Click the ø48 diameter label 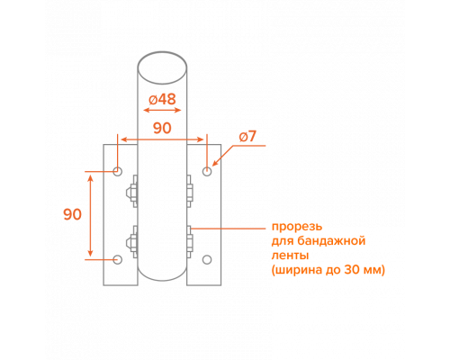click(162, 99)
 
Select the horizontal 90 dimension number click(162, 128)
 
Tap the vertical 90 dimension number click(72, 214)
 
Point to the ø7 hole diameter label click(247, 137)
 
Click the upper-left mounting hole click(117, 172)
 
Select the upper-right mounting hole click(207, 172)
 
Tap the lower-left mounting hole click(117, 259)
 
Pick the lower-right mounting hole click(207, 259)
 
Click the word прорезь click(297, 227)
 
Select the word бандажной click(332, 241)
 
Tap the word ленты click(290, 256)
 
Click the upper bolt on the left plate click(131, 192)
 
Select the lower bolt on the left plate click(131, 242)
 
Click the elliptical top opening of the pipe click(162, 67)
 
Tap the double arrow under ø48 click(162, 110)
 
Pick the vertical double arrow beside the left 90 click(90, 215)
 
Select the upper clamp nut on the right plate click(190, 192)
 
